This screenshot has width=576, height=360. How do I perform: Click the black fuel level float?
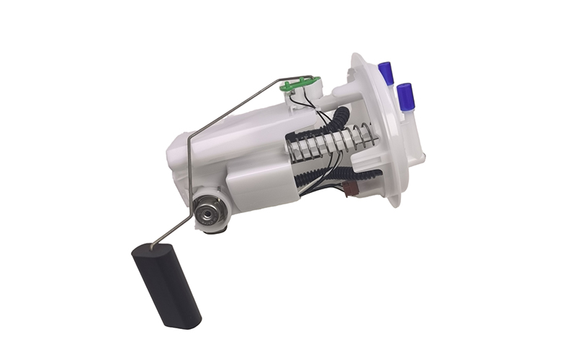pyautogui.click(x=165, y=284)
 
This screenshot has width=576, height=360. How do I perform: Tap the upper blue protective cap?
pyautogui.click(x=386, y=73)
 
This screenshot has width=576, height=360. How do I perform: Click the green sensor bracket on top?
pyautogui.click(x=300, y=85)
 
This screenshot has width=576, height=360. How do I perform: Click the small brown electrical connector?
pyautogui.click(x=351, y=189)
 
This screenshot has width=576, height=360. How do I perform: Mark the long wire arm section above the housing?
pyautogui.click(x=238, y=107)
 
